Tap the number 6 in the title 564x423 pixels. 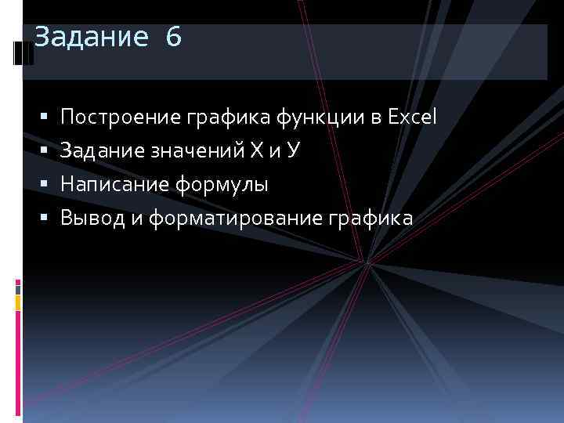pos(173,37)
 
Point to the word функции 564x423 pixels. pos(319,118)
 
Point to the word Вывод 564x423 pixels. pos(92,219)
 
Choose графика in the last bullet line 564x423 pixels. pos(374,219)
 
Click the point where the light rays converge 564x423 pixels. pos(366,263)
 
